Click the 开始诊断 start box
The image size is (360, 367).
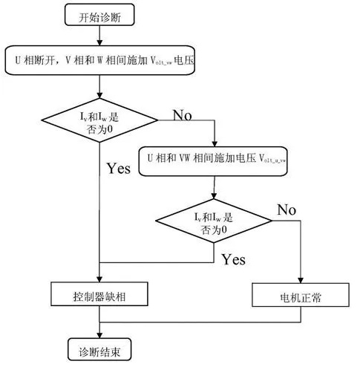coord(99,16)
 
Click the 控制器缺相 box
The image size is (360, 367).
coord(99,296)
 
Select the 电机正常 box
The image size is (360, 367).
coord(301,296)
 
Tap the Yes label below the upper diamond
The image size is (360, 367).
coord(118,169)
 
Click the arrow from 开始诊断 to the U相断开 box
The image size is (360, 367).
coord(99,39)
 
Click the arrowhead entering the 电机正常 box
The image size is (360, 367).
coord(301,281)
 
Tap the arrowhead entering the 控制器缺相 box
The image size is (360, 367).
coord(99,281)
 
